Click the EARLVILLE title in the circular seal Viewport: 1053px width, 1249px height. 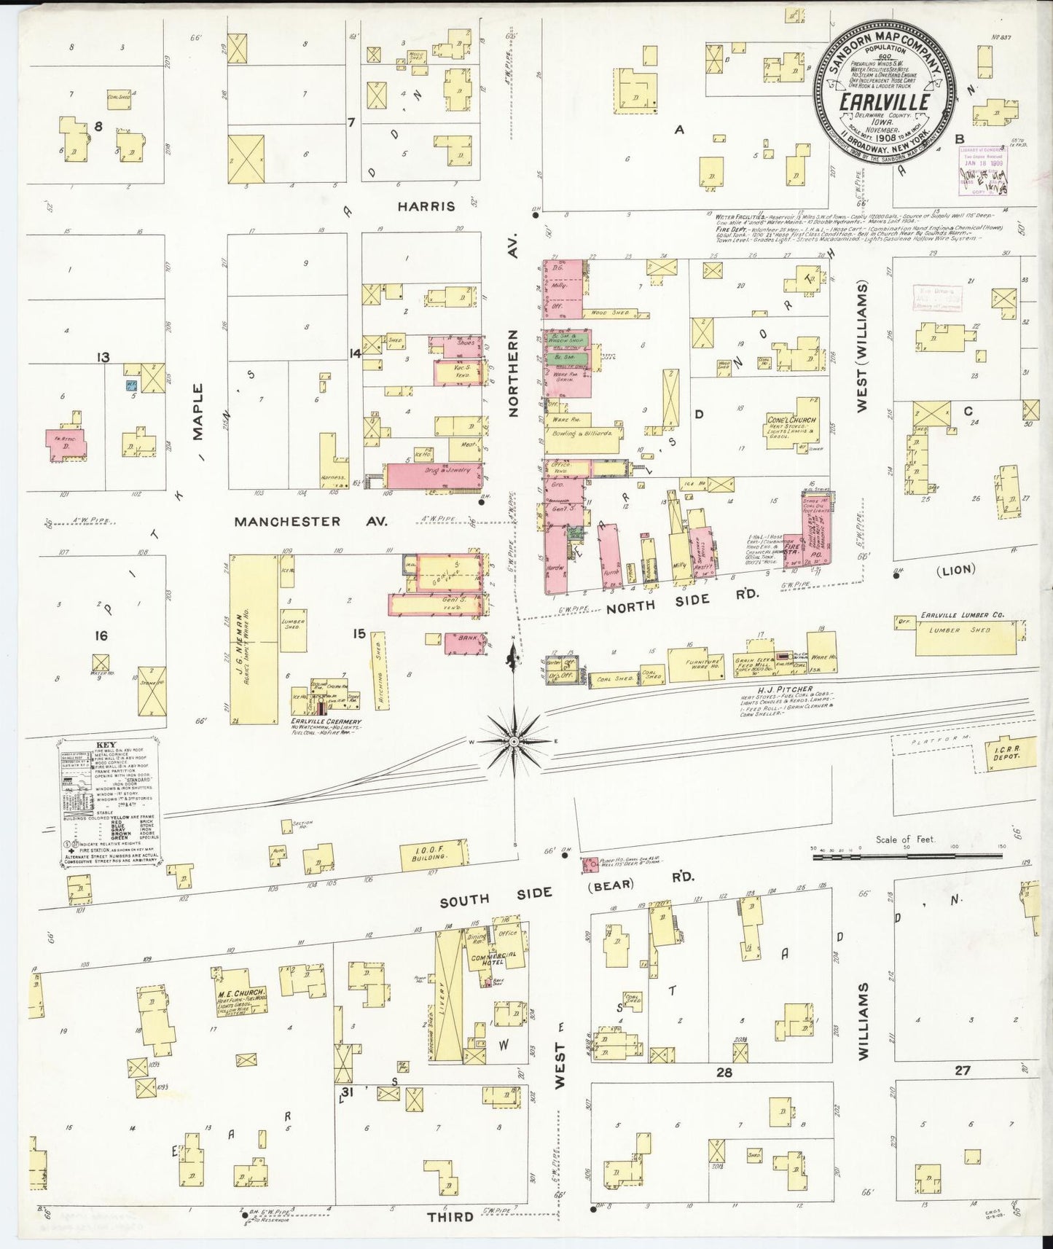pyautogui.click(x=884, y=102)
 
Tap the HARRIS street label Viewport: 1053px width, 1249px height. pyautogui.click(x=426, y=206)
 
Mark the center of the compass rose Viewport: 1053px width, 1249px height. pyautogui.click(x=514, y=741)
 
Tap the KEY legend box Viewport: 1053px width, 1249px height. pyautogui.click(x=109, y=802)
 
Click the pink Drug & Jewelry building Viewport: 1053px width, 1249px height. pyautogui.click(x=433, y=475)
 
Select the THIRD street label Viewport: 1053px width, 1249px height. pyautogui.click(x=450, y=1216)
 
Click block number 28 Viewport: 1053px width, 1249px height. pyautogui.click(x=724, y=1072)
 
